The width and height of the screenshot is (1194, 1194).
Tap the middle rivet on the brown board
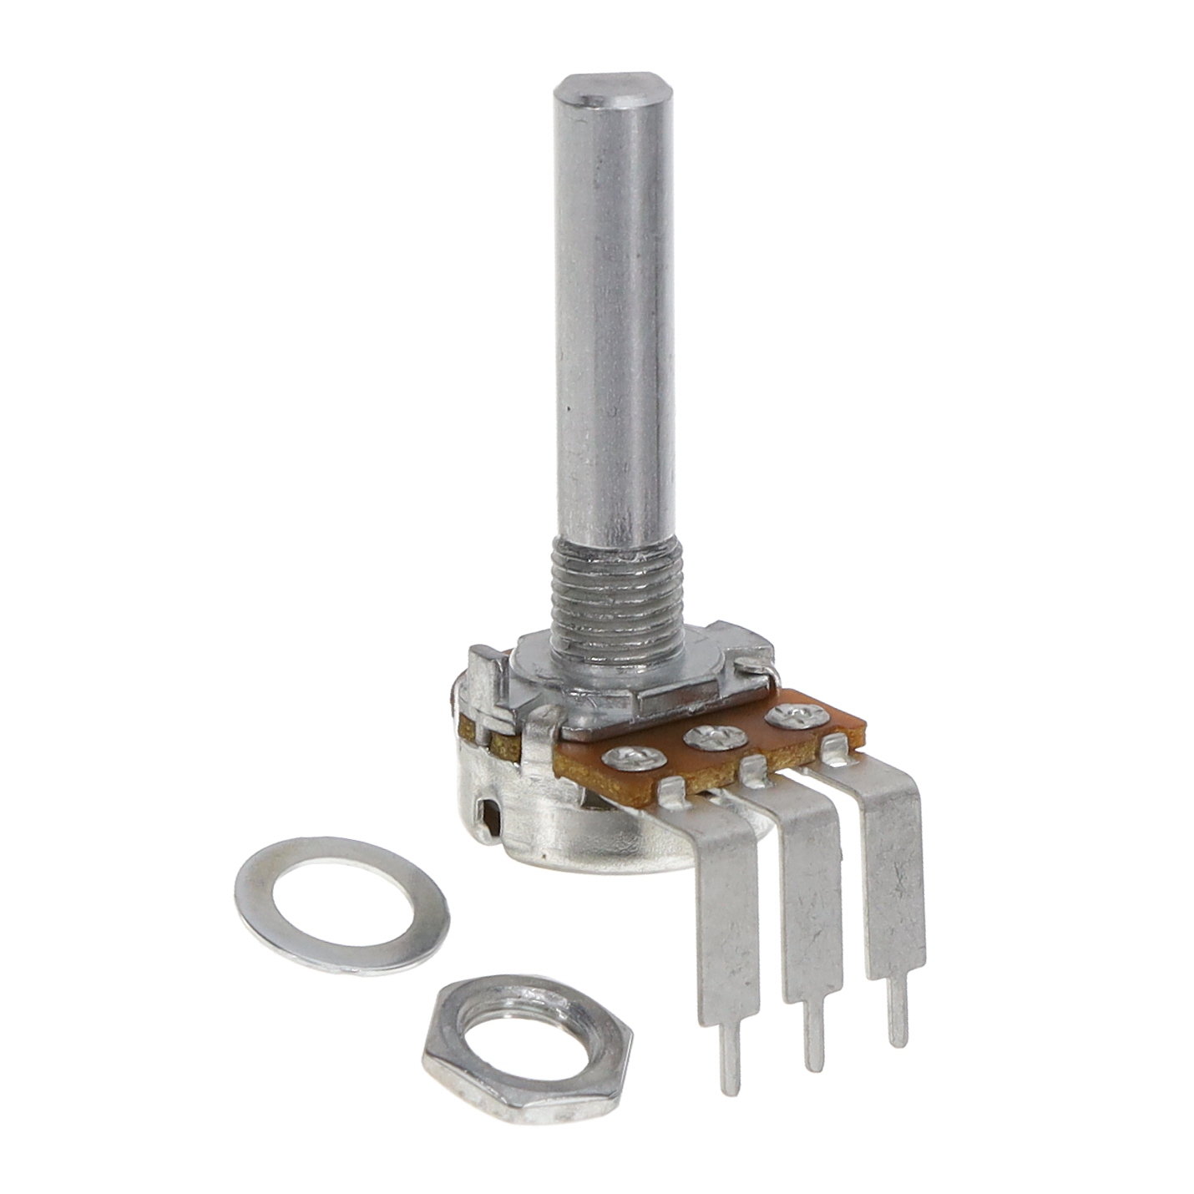tap(714, 736)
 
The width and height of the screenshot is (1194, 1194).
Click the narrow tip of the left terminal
tap(729, 1056)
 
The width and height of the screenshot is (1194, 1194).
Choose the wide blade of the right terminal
tap(893, 877)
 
